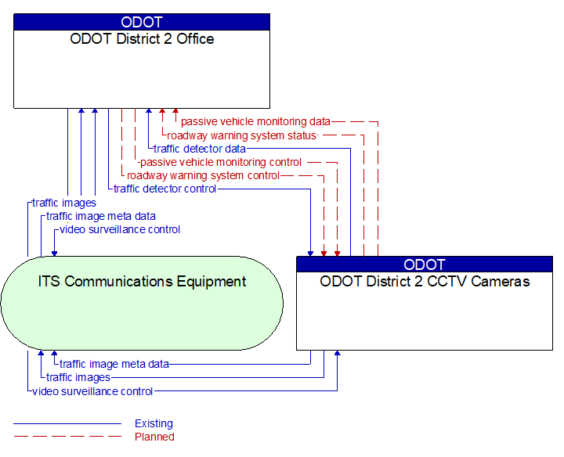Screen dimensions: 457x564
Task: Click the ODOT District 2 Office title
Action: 142,39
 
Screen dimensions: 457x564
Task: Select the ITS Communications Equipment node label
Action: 142,282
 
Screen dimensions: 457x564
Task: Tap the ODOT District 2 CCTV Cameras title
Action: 425,282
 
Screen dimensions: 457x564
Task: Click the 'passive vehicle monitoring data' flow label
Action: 255,122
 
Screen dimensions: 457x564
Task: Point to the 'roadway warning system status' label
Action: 242,135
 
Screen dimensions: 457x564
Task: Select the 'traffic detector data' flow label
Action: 200,149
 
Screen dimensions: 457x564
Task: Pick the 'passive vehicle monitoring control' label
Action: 220,162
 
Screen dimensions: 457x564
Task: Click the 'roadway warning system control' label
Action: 203,175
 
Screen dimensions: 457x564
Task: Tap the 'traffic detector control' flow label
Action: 165,189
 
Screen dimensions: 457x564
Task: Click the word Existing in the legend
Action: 154,424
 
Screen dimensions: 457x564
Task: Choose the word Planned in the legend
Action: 154,437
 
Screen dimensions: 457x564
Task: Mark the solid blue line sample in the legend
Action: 67,424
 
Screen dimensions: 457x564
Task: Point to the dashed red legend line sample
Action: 67,437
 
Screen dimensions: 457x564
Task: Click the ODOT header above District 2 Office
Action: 142,22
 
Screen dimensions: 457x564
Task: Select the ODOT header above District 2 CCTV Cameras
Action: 425,264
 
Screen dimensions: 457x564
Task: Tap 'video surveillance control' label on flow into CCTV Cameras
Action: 92,391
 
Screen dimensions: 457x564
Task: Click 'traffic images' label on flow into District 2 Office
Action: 64,203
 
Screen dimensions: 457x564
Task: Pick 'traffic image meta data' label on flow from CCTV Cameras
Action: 114,364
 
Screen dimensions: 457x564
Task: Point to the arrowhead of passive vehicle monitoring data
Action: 175,112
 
